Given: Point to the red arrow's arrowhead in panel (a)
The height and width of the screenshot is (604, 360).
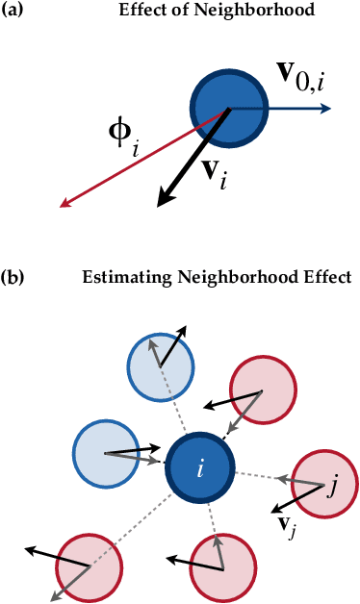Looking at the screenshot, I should pos(64,202).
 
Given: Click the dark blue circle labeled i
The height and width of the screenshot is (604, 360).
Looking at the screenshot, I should pos(200,469).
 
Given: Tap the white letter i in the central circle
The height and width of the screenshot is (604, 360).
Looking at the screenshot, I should pos(200,469).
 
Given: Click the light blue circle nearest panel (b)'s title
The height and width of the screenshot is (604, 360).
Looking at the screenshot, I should pos(162,365).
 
